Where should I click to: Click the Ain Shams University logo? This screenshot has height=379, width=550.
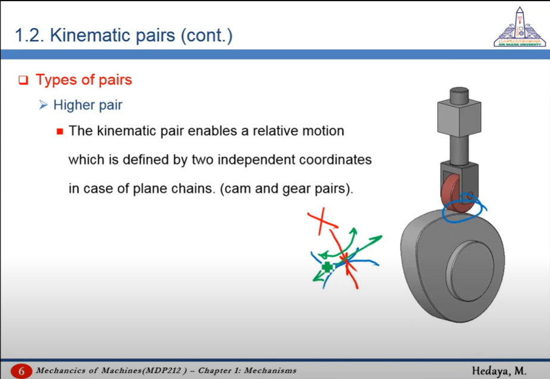(520, 27)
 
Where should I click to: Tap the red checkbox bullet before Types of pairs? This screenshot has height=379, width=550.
(23, 80)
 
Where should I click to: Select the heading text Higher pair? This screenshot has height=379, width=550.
(87, 105)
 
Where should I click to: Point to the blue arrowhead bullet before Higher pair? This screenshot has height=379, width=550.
(43, 105)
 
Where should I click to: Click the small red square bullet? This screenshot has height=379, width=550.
(59, 132)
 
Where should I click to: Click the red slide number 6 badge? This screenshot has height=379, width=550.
(21, 371)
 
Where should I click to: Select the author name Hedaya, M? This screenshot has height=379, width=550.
(499, 371)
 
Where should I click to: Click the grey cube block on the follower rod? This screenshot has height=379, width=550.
(459, 118)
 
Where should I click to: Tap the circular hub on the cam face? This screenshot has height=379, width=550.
(470, 271)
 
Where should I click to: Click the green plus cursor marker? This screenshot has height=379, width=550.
(327, 267)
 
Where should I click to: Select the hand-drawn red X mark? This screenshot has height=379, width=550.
(322, 221)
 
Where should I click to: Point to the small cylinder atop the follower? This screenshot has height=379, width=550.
(459, 95)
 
